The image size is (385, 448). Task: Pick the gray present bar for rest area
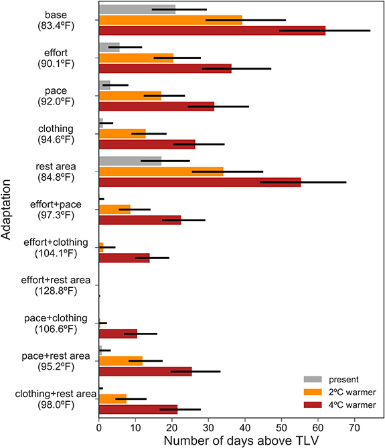pos(130,161)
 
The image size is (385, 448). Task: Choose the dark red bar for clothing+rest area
pos(138,408)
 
